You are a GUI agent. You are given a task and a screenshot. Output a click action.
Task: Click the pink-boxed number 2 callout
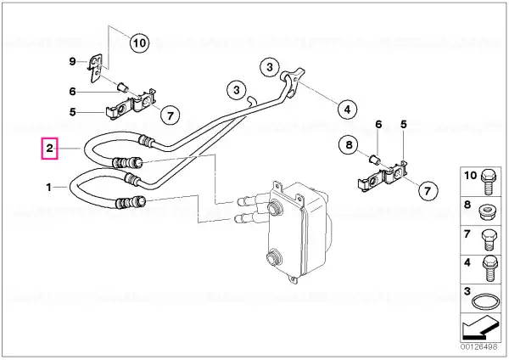coord(49,149)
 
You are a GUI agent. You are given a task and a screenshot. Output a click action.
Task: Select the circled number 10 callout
coord(140,42)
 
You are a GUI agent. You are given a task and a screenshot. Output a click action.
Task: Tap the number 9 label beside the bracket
coord(72,61)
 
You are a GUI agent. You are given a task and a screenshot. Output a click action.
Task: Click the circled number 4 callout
coord(347,110)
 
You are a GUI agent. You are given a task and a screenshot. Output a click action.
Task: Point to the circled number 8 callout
coord(349,144)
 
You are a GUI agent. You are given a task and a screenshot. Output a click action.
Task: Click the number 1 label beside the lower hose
coord(48,187)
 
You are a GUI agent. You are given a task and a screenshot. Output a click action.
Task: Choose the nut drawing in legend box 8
coord(488,212)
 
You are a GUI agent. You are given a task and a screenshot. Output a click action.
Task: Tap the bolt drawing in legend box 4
coord(489,268)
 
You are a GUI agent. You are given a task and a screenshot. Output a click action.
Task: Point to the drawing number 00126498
coord(478,347)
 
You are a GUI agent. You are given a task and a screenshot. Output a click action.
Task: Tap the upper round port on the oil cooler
coord(273,207)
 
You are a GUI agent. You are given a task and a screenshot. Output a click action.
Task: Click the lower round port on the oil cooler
coord(274,258)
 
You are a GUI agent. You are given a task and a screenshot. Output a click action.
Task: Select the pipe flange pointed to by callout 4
coord(293,81)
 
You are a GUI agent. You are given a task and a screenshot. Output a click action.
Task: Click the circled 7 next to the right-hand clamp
coord(428,190)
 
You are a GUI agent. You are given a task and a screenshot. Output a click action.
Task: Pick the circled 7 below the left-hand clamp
coord(171,115)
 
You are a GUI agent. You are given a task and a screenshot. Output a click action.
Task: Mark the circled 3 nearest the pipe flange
coord(270,67)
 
